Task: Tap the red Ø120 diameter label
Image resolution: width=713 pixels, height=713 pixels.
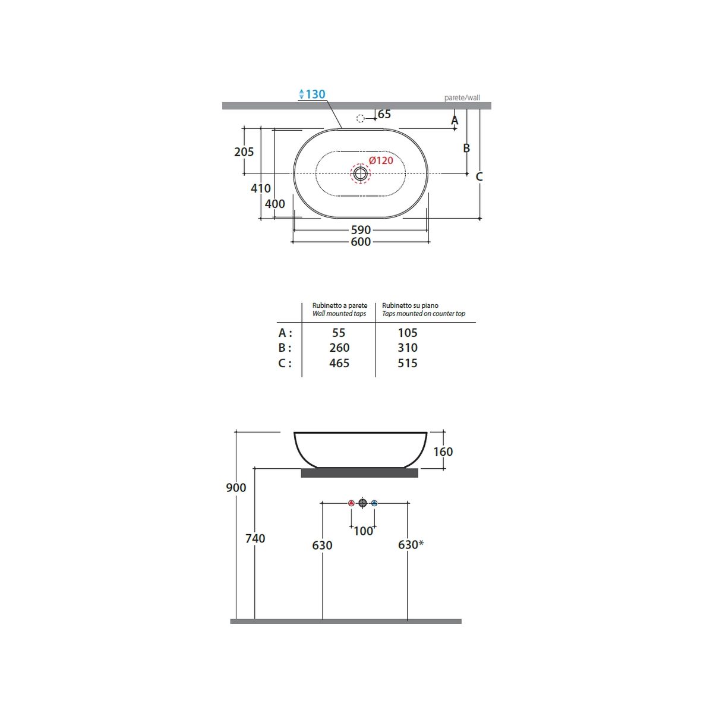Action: click(381, 160)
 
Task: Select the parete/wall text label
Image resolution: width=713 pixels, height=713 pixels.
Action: click(462, 97)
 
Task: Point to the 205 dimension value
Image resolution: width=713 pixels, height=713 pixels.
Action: click(244, 152)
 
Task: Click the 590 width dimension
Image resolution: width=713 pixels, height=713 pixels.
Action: click(361, 230)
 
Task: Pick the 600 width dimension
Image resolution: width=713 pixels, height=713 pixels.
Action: click(361, 242)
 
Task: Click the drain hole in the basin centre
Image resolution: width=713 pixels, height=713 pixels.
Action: click(361, 173)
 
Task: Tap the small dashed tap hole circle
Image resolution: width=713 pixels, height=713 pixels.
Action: click(361, 118)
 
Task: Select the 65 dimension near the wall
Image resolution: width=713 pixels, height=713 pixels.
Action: click(384, 114)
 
